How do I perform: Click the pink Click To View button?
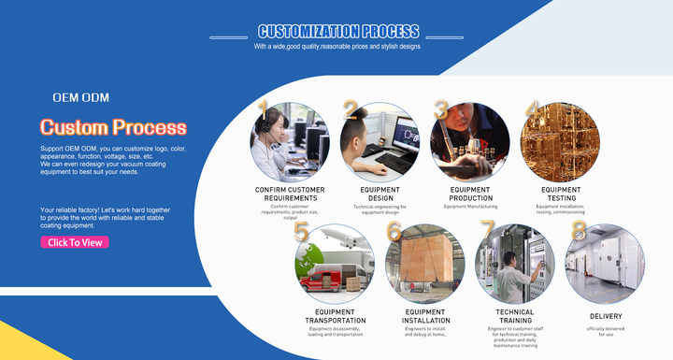(x=75, y=242)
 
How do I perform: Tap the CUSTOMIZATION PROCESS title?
(x=338, y=31)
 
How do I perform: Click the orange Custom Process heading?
(x=113, y=127)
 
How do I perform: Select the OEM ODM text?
(x=81, y=97)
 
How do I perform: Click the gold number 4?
(x=532, y=109)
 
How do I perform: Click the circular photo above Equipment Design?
(x=379, y=141)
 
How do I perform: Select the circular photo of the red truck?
(x=335, y=264)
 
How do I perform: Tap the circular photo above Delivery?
(x=605, y=264)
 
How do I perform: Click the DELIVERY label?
(x=606, y=316)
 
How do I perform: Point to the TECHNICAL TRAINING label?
(x=515, y=316)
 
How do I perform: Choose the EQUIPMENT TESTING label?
(x=561, y=194)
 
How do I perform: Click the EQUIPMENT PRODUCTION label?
(x=470, y=194)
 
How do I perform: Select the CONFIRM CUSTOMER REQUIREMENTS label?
(x=290, y=194)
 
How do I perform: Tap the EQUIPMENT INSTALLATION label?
(x=425, y=316)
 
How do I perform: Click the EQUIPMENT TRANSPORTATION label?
(x=335, y=316)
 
